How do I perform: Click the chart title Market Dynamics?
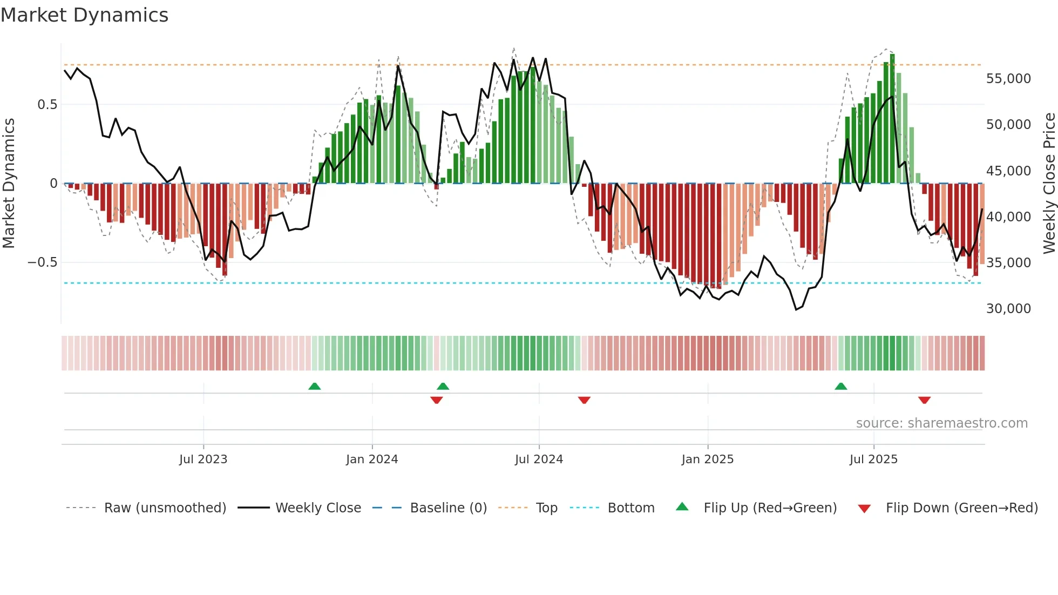(x=84, y=15)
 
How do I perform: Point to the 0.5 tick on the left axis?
(x=47, y=105)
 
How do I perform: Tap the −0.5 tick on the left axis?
(x=42, y=262)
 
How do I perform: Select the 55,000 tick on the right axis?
(x=1008, y=79)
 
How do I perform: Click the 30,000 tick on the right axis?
(x=1008, y=309)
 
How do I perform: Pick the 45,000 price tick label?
(x=1008, y=171)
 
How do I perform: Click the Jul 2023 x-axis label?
(x=203, y=459)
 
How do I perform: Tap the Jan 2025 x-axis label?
(x=707, y=459)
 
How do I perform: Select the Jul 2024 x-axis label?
(x=539, y=459)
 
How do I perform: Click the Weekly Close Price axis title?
(x=1049, y=184)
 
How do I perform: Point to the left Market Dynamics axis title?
(x=9, y=184)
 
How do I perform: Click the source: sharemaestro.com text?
(x=941, y=423)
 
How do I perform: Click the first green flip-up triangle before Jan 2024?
(x=314, y=386)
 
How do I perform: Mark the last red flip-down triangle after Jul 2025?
(x=924, y=400)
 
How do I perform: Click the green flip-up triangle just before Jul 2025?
(x=840, y=386)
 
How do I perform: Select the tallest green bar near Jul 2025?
(x=892, y=119)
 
